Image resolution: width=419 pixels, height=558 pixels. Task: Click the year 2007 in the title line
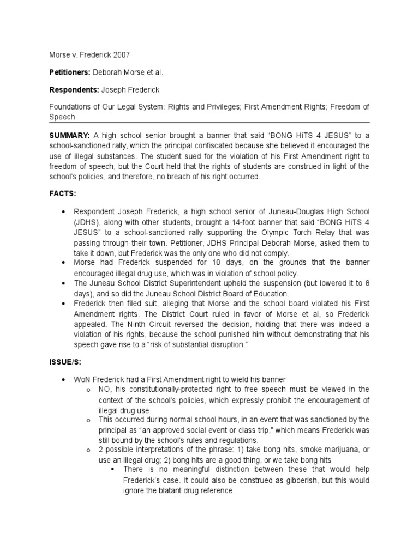tap(121, 55)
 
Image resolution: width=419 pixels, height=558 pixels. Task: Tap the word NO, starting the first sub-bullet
tap(105, 389)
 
